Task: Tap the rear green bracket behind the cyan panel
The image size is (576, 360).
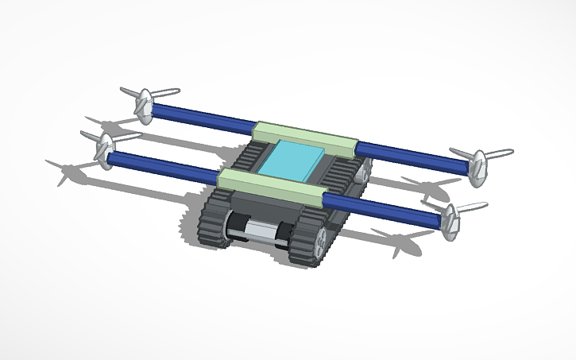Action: point(304,136)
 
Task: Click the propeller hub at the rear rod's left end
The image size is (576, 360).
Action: point(144,106)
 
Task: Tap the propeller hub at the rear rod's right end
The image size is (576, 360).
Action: point(477,167)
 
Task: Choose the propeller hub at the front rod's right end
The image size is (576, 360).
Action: point(450,222)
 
